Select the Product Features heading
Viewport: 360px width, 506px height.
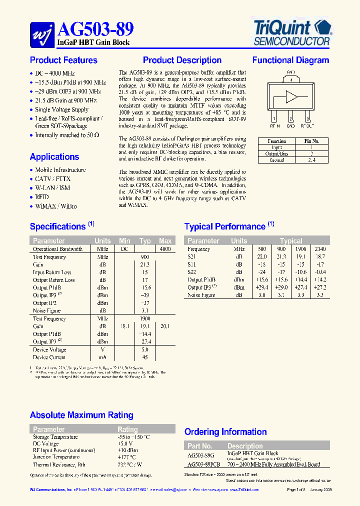click(x=63, y=60)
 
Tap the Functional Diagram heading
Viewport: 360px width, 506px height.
click(x=290, y=60)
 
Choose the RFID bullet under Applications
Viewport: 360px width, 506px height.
click(x=42, y=197)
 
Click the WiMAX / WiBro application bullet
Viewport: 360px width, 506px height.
click(x=56, y=206)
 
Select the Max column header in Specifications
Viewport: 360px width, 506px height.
click(x=165, y=241)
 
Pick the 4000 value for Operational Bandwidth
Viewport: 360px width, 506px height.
click(x=165, y=249)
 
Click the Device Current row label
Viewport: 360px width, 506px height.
click(x=49, y=357)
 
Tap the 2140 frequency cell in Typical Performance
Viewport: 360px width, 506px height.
click(x=320, y=249)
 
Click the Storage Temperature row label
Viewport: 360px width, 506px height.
click(x=55, y=437)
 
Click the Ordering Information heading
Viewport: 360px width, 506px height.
click(x=225, y=432)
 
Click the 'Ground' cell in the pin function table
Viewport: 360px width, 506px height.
click(x=276, y=160)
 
